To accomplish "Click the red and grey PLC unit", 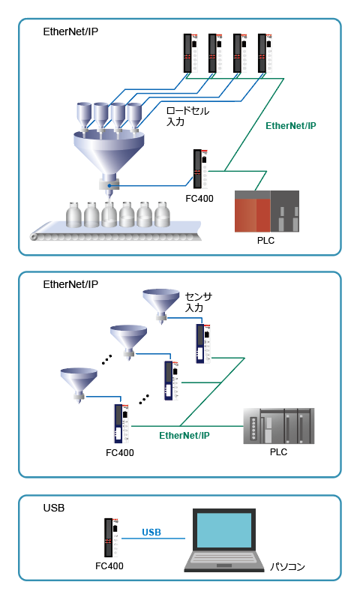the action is point(267,211).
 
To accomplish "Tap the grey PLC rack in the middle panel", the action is point(279,426).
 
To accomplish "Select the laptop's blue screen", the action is point(224,530).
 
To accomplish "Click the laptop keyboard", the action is point(224,556).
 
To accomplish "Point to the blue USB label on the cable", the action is point(151,532).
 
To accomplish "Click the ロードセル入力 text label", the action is point(187,116).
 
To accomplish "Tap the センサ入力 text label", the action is point(199,302).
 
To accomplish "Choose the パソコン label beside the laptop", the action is point(287,566).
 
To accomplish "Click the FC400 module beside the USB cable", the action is point(111,538).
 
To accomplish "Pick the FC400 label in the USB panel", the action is point(109,566).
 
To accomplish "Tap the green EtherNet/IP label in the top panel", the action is point(291,126).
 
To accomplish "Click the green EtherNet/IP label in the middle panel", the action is point(184,436).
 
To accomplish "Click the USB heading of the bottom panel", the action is point(54,508).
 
